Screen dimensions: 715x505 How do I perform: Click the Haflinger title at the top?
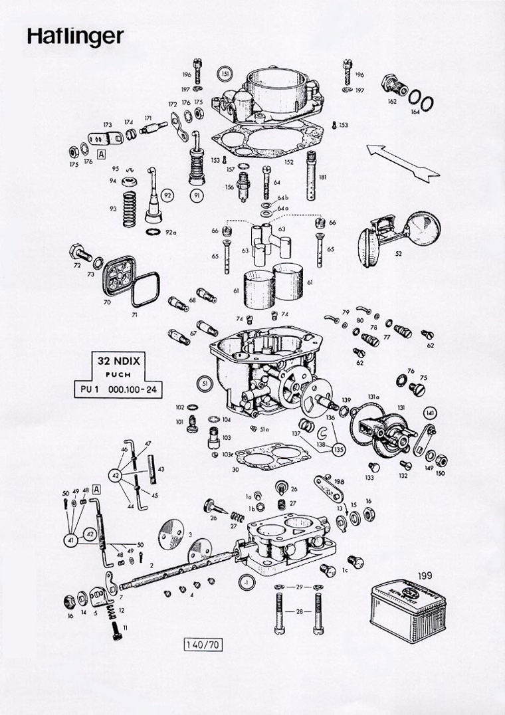pyautogui.click(x=75, y=37)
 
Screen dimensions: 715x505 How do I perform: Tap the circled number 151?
pyautogui.click(x=225, y=73)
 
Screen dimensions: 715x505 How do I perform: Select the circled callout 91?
pyautogui.click(x=197, y=195)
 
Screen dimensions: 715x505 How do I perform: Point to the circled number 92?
pyautogui.click(x=167, y=195)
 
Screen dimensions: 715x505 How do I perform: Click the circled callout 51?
pyautogui.click(x=205, y=383)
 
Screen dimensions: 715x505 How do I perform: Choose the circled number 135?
pyautogui.click(x=340, y=448)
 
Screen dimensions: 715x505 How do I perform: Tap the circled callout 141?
pyautogui.click(x=429, y=412)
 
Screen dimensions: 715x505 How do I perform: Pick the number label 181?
pyautogui.click(x=322, y=177)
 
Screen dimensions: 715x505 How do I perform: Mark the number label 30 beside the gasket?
pyautogui.click(x=235, y=469)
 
